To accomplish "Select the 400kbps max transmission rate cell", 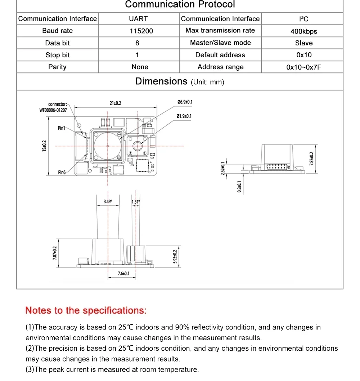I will (303, 31).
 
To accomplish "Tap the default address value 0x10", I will (303, 55).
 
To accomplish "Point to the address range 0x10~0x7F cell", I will (303, 67).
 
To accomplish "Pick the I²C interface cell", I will (303, 19).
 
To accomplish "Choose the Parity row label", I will (57, 67).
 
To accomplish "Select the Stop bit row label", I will (57, 55).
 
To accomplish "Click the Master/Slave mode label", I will (220, 43).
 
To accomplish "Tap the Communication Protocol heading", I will (180, 5).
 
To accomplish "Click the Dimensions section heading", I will (161, 81).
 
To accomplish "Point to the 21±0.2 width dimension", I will (115, 103).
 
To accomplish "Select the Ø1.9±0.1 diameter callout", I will (184, 116).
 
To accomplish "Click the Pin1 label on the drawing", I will (62, 128).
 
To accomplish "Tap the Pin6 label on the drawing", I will (62, 173).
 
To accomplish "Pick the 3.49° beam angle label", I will (108, 202).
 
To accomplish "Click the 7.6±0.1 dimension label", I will (123, 274).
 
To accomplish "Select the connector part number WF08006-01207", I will (53, 110).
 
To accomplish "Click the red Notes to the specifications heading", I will (86, 310).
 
